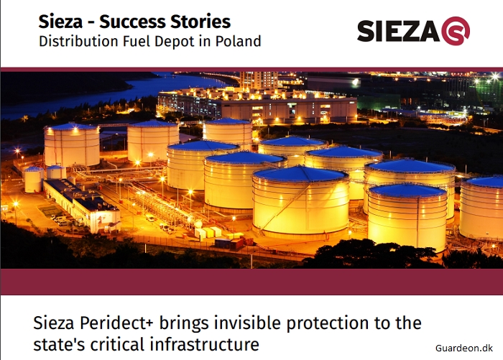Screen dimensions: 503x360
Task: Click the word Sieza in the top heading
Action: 60,22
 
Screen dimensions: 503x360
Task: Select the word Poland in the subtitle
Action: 238,41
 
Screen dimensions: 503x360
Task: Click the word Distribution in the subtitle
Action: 78,41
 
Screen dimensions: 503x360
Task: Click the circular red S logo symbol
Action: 456,31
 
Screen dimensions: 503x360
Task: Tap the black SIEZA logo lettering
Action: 398,31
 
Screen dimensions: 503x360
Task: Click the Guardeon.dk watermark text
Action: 464,348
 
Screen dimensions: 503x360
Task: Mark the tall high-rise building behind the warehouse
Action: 259,80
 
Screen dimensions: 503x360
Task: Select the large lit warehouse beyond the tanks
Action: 257,106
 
